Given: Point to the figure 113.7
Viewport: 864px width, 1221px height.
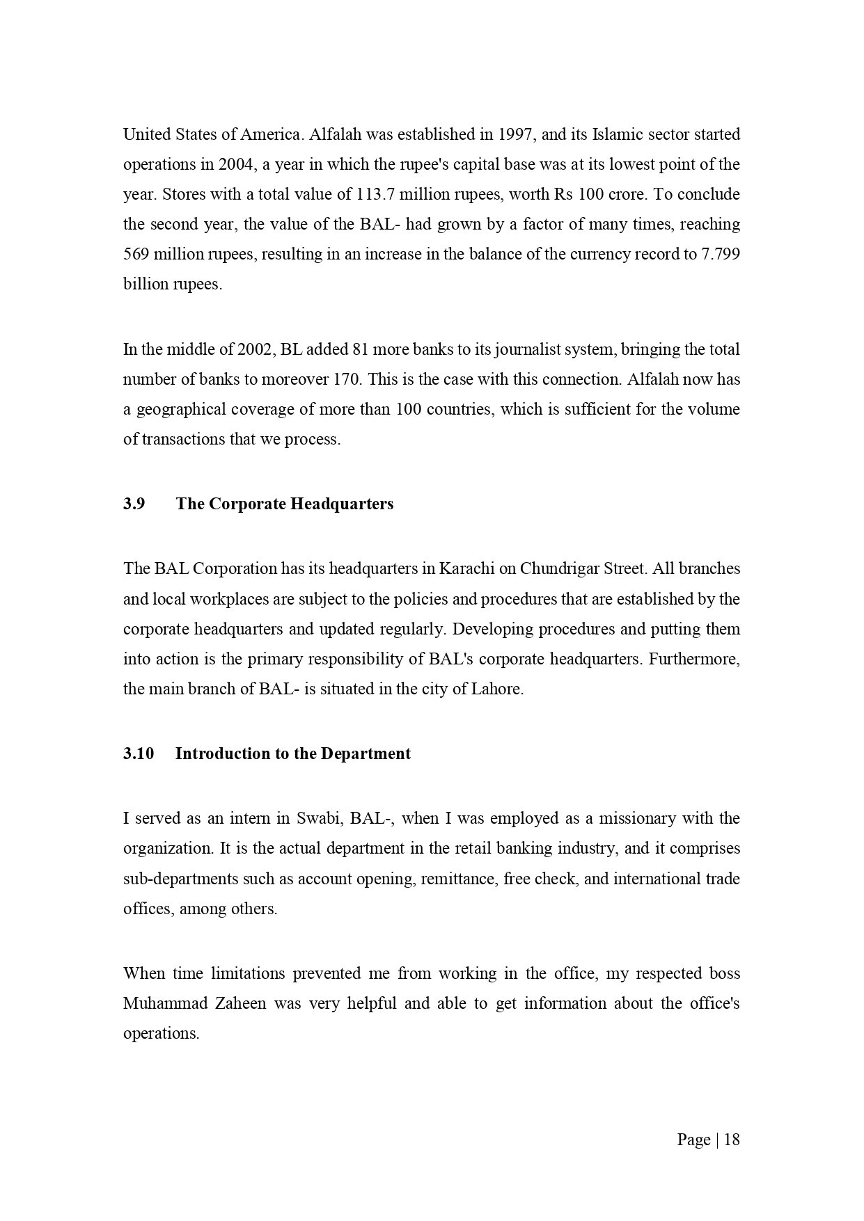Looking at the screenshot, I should (x=376, y=194).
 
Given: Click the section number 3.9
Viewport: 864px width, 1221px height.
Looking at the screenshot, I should (x=134, y=504).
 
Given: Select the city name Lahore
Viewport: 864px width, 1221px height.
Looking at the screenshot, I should (x=496, y=689).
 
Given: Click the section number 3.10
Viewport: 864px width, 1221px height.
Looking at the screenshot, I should (x=138, y=753).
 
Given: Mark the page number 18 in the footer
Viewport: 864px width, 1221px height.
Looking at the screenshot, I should (x=732, y=1140).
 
